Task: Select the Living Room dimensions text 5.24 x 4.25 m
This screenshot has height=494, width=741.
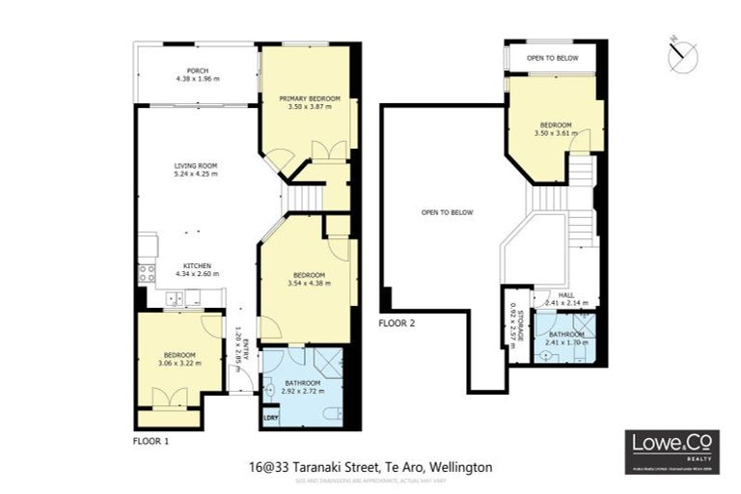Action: click(x=196, y=175)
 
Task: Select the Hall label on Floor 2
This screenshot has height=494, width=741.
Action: click(x=554, y=299)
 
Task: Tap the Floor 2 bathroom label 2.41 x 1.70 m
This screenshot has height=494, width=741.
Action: click(x=566, y=338)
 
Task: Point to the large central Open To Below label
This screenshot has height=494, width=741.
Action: click(x=447, y=212)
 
